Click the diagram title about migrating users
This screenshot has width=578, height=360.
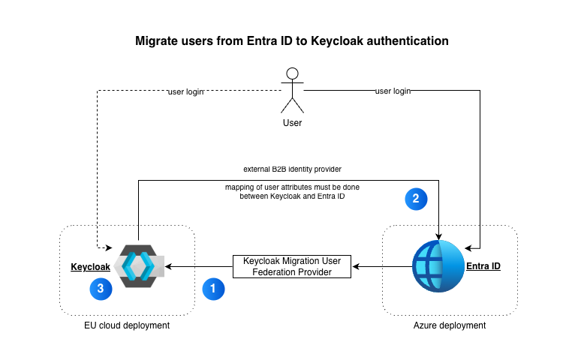coord(291,40)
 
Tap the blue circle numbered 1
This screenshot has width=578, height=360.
coord(213,288)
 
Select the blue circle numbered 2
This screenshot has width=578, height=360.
coord(416,199)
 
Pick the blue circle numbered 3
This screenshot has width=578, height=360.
coord(101,287)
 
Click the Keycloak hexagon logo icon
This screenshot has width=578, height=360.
coord(138,266)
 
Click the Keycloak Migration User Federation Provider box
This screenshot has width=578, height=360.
coord(293,266)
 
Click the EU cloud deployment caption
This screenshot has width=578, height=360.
coord(127,325)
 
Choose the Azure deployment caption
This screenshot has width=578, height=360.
coord(450,325)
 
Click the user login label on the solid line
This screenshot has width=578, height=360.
coord(393,91)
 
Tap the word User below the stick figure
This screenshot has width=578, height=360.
coord(292,122)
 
